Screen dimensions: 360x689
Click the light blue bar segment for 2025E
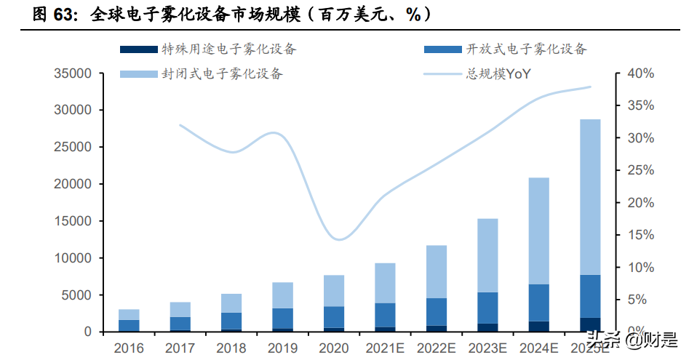click(x=590, y=196)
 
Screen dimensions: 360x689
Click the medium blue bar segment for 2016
click(x=129, y=325)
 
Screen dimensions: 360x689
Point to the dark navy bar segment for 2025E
click(x=590, y=324)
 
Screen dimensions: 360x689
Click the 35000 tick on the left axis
click(x=71, y=73)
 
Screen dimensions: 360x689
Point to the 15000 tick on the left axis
click(x=71, y=221)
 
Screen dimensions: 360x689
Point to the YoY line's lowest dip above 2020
click(x=337, y=239)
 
